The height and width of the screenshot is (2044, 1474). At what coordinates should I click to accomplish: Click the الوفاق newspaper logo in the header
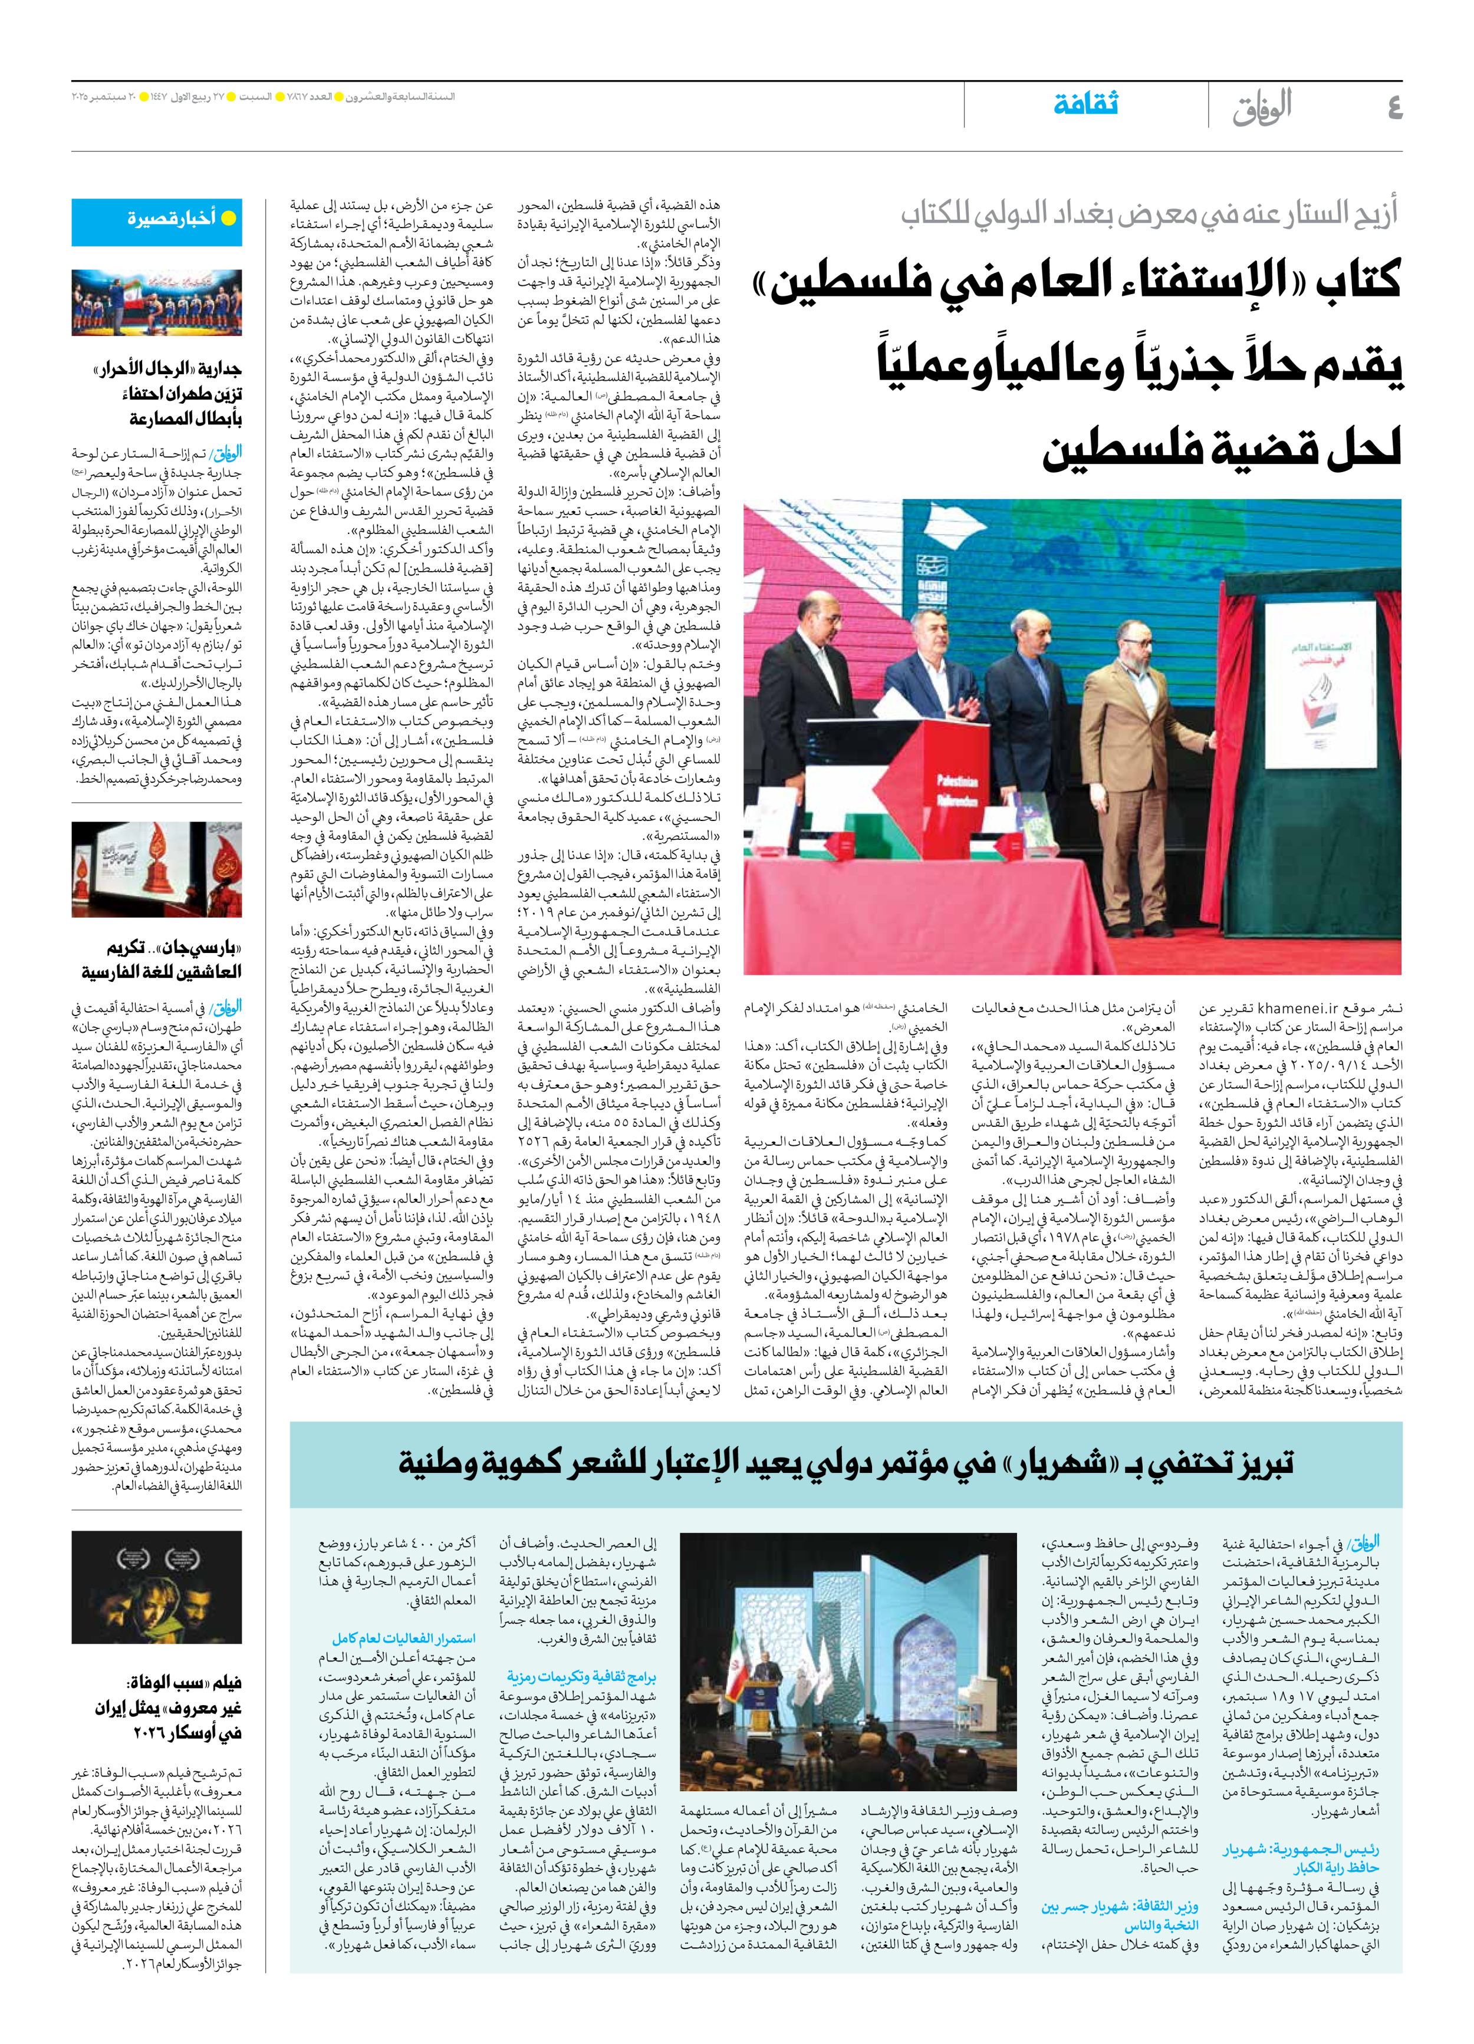[1262, 107]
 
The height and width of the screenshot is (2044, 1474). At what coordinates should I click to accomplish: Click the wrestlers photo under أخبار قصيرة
[157, 303]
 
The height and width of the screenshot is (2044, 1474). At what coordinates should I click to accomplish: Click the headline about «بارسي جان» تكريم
[162, 959]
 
